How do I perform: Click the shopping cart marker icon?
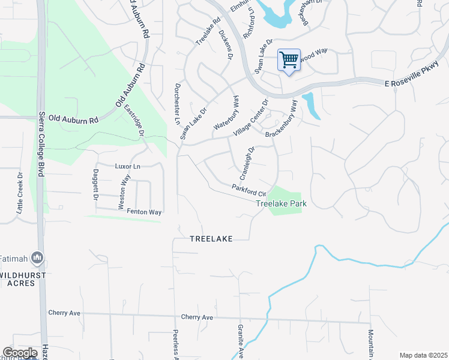tap(289, 61)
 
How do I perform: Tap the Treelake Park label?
tap(282, 204)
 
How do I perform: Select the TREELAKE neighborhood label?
tap(210, 238)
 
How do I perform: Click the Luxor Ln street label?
tap(127, 166)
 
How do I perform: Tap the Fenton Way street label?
tap(148, 212)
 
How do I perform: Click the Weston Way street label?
tap(123, 192)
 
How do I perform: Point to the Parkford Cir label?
tap(249, 190)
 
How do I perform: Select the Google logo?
tap(20, 353)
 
